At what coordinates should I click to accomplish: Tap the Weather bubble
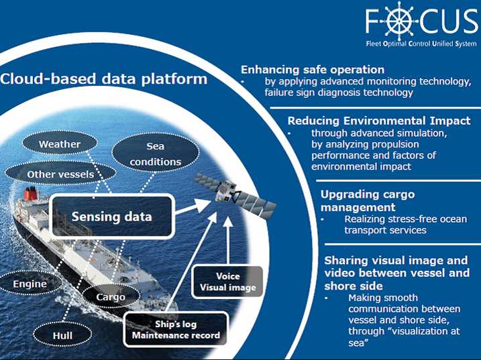[x=60, y=144]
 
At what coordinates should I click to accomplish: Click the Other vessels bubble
[x=60, y=174]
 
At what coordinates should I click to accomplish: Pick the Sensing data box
[x=111, y=216]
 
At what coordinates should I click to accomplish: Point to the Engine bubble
[x=30, y=284]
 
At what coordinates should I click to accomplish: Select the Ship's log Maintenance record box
[x=176, y=329]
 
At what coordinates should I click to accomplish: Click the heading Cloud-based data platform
[x=104, y=79]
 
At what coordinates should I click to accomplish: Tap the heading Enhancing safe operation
[x=312, y=69]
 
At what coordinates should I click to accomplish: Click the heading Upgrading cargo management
[x=368, y=200]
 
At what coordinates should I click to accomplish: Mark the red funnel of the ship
[x=31, y=195]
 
